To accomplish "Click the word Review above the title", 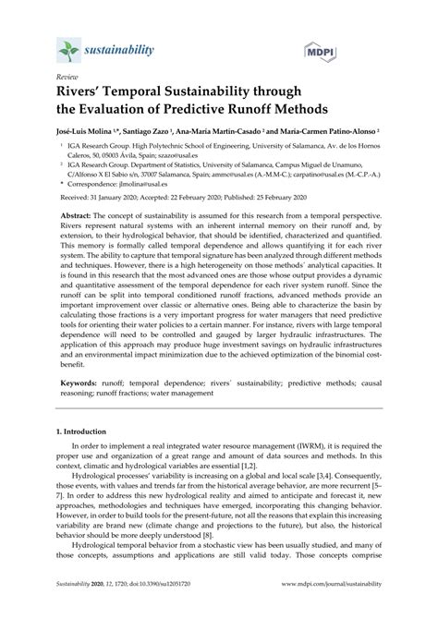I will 67,79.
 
